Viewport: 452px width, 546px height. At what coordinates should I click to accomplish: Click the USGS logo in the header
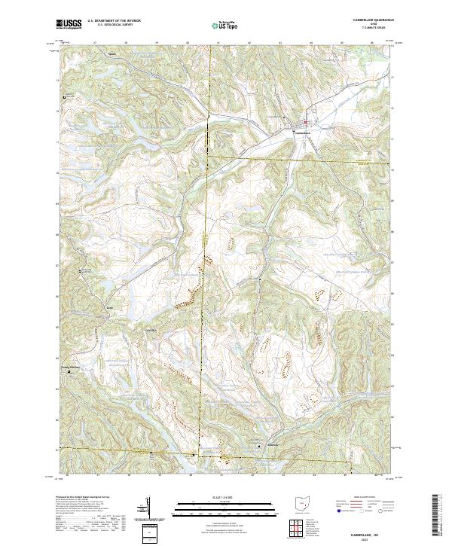(x=67, y=25)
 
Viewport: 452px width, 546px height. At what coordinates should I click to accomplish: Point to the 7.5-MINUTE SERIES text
(x=368, y=29)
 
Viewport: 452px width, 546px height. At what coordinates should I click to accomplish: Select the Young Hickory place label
(x=70, y=367)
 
